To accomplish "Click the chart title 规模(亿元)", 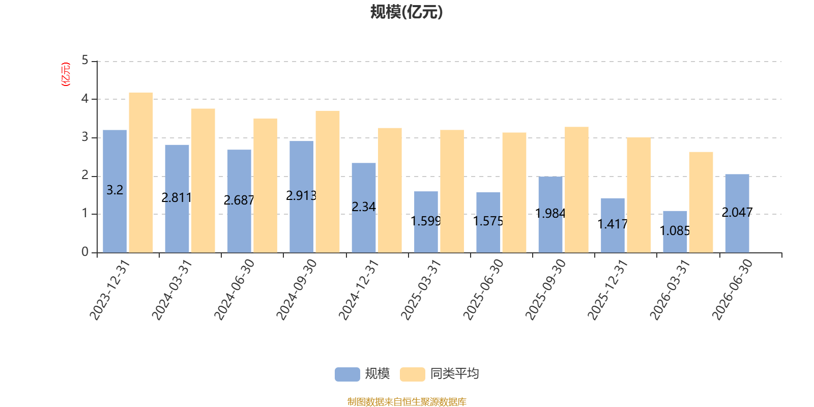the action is coord(406,12).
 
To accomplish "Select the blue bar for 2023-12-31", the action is coord(115,191).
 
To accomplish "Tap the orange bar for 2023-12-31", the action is coord(141,172).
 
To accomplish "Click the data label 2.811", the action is coord(177,198).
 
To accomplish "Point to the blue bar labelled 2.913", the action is coord(301,196).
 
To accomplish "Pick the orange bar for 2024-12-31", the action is coord(390,190).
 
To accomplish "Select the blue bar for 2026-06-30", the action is coord(737,213).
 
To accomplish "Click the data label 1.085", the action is coord(675,231).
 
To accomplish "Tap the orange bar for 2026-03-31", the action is coord(701,202).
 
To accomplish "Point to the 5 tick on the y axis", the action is coord(85,61).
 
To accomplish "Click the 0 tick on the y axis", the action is coord(85,252).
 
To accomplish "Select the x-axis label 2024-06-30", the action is coord(234,289).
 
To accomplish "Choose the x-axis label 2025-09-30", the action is coord(545,289).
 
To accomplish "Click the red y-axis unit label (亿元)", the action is coord(66,74).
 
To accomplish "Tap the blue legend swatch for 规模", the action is coord(347,374).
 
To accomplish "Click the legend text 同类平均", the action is coord(455,373).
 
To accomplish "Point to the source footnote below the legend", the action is coord(406,401).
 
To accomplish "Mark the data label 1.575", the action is coord(488,221).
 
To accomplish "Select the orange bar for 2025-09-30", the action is coord(577,190).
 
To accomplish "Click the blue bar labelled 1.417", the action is coord(613,225).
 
